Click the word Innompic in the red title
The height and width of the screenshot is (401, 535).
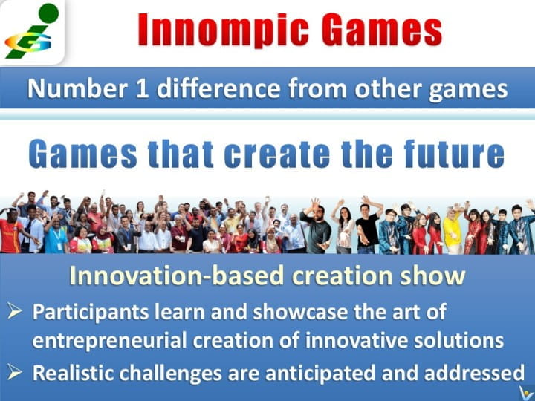coord(224,30)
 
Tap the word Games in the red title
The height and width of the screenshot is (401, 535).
coord(382,29)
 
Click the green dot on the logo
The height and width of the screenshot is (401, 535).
coord(48,13)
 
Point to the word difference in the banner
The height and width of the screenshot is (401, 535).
coord(218,88)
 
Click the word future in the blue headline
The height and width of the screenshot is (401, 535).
coord(454,154)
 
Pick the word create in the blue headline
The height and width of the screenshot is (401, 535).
coord(276,154)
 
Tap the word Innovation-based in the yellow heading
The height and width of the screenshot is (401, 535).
coord(177,276)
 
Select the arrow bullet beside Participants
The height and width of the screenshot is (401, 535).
coord(15,311)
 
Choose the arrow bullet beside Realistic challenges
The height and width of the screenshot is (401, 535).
coord(15,372)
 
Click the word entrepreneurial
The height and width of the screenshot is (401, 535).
coord(109,341)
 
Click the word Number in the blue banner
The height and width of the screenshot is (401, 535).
coord(78,88)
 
